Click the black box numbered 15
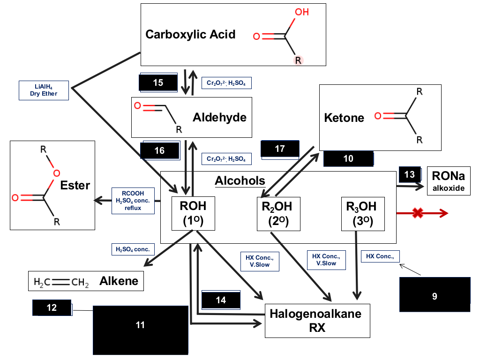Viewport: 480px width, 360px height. (x=158, y=82)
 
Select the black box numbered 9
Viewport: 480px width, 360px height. (x=435, y=294)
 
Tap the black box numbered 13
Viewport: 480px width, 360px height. (x=410, y=174)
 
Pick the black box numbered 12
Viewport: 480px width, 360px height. (x=52, y=307)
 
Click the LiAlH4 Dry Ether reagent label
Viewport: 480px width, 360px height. (x=44, y=90)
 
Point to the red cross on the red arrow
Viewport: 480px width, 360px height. (x=418, y=213)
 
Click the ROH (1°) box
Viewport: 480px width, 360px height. (x=193, y=213)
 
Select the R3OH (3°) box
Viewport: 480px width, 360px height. (x=363, y=214)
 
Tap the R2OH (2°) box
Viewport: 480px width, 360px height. (x=278, y=214)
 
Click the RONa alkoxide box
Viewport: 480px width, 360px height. (x=449, y=181)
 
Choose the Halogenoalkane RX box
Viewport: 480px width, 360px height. (x=317, y=321)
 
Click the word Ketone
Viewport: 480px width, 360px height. (x=344, y=118)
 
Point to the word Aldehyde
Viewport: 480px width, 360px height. (x=219, y=118)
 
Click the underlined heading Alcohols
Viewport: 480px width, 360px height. (x=240, y=180)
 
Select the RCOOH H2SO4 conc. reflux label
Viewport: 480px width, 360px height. (x=133, y=201)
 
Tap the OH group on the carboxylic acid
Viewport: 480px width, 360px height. (x=301, y=12)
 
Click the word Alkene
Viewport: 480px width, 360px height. (x=119, y=281)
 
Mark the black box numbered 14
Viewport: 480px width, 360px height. (x=221, y=300)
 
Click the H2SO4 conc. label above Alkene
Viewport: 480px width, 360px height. (x=133, y=249)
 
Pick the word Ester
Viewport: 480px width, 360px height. (x=75, y=185)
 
